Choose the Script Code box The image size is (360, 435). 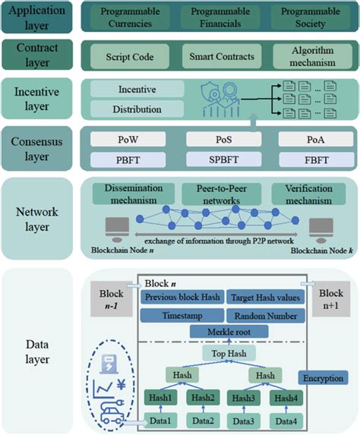pos(127,58)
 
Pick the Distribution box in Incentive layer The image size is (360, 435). pos(137,109)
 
